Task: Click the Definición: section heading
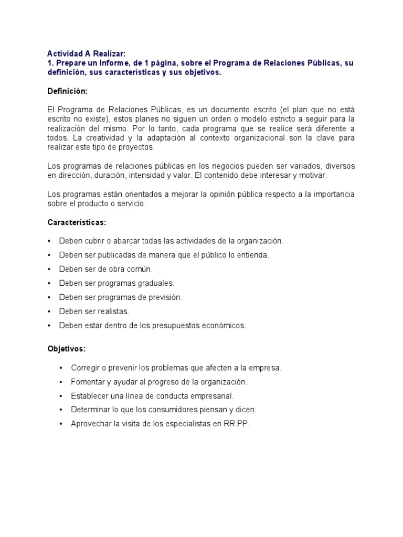point(68,91)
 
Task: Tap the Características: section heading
point(77,222)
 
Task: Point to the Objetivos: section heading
point(66,349)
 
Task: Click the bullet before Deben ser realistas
point(49,312)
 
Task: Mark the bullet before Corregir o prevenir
point(61,368)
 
